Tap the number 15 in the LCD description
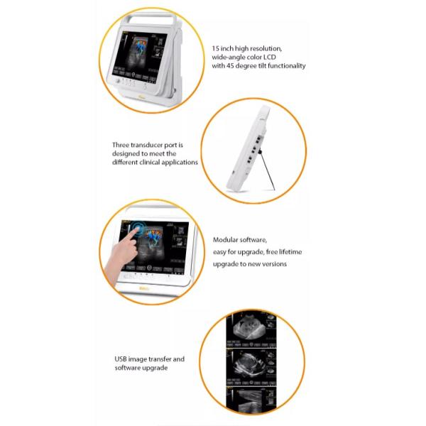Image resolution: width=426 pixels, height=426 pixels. tap(216, 49)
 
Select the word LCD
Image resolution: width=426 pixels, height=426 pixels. tap(273, 58)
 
